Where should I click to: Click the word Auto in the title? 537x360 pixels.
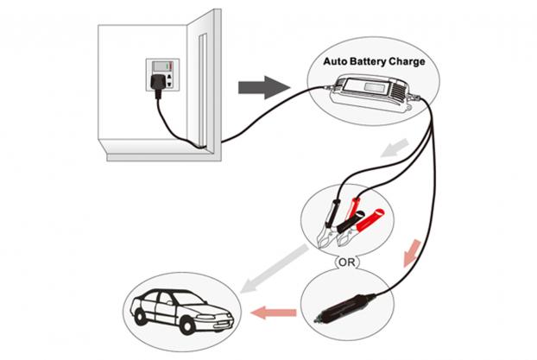point(336,61)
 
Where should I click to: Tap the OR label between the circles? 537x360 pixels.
point(346,262)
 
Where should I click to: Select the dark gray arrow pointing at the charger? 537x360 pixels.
point(264,87)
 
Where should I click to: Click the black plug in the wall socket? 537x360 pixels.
point(158,83)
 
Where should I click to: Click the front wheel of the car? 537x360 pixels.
point(187,325)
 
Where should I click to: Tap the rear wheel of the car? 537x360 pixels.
point(141,317)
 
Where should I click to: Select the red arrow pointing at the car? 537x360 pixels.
point(274,313)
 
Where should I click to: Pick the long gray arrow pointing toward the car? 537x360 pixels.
point(275,268)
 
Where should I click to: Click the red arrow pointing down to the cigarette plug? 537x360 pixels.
point(412,253)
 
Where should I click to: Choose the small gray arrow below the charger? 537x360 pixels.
point(395,148)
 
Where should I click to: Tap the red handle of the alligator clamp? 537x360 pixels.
point(370,219)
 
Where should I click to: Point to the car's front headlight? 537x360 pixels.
point(205,317)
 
